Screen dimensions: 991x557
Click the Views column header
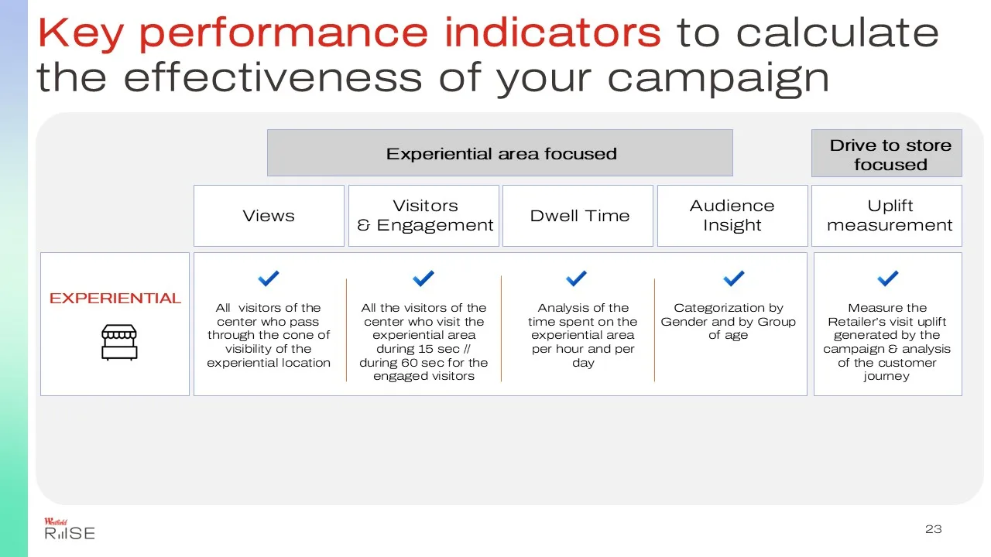point(269,216)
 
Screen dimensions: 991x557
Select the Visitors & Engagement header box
point(423,216)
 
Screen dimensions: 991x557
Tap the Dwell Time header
point(578,216)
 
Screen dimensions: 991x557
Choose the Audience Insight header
point(732,216)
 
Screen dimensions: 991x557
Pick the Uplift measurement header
point(886,216)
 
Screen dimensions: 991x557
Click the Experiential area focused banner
point(500,153)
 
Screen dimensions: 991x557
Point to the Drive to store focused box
point(886,153)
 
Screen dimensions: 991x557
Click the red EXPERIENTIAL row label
point(115,299)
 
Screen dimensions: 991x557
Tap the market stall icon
point(119,343)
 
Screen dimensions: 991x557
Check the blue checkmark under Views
point(269,278)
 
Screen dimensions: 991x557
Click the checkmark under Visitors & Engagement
point(423,278)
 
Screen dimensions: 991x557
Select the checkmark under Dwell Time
point(577,278)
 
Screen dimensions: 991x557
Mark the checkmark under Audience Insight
point(733,278)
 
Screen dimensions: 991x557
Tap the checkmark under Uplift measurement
point(888,278)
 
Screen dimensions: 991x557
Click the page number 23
point(934,529)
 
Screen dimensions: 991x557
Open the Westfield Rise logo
point(70,528)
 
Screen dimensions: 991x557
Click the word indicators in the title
point(553,32)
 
